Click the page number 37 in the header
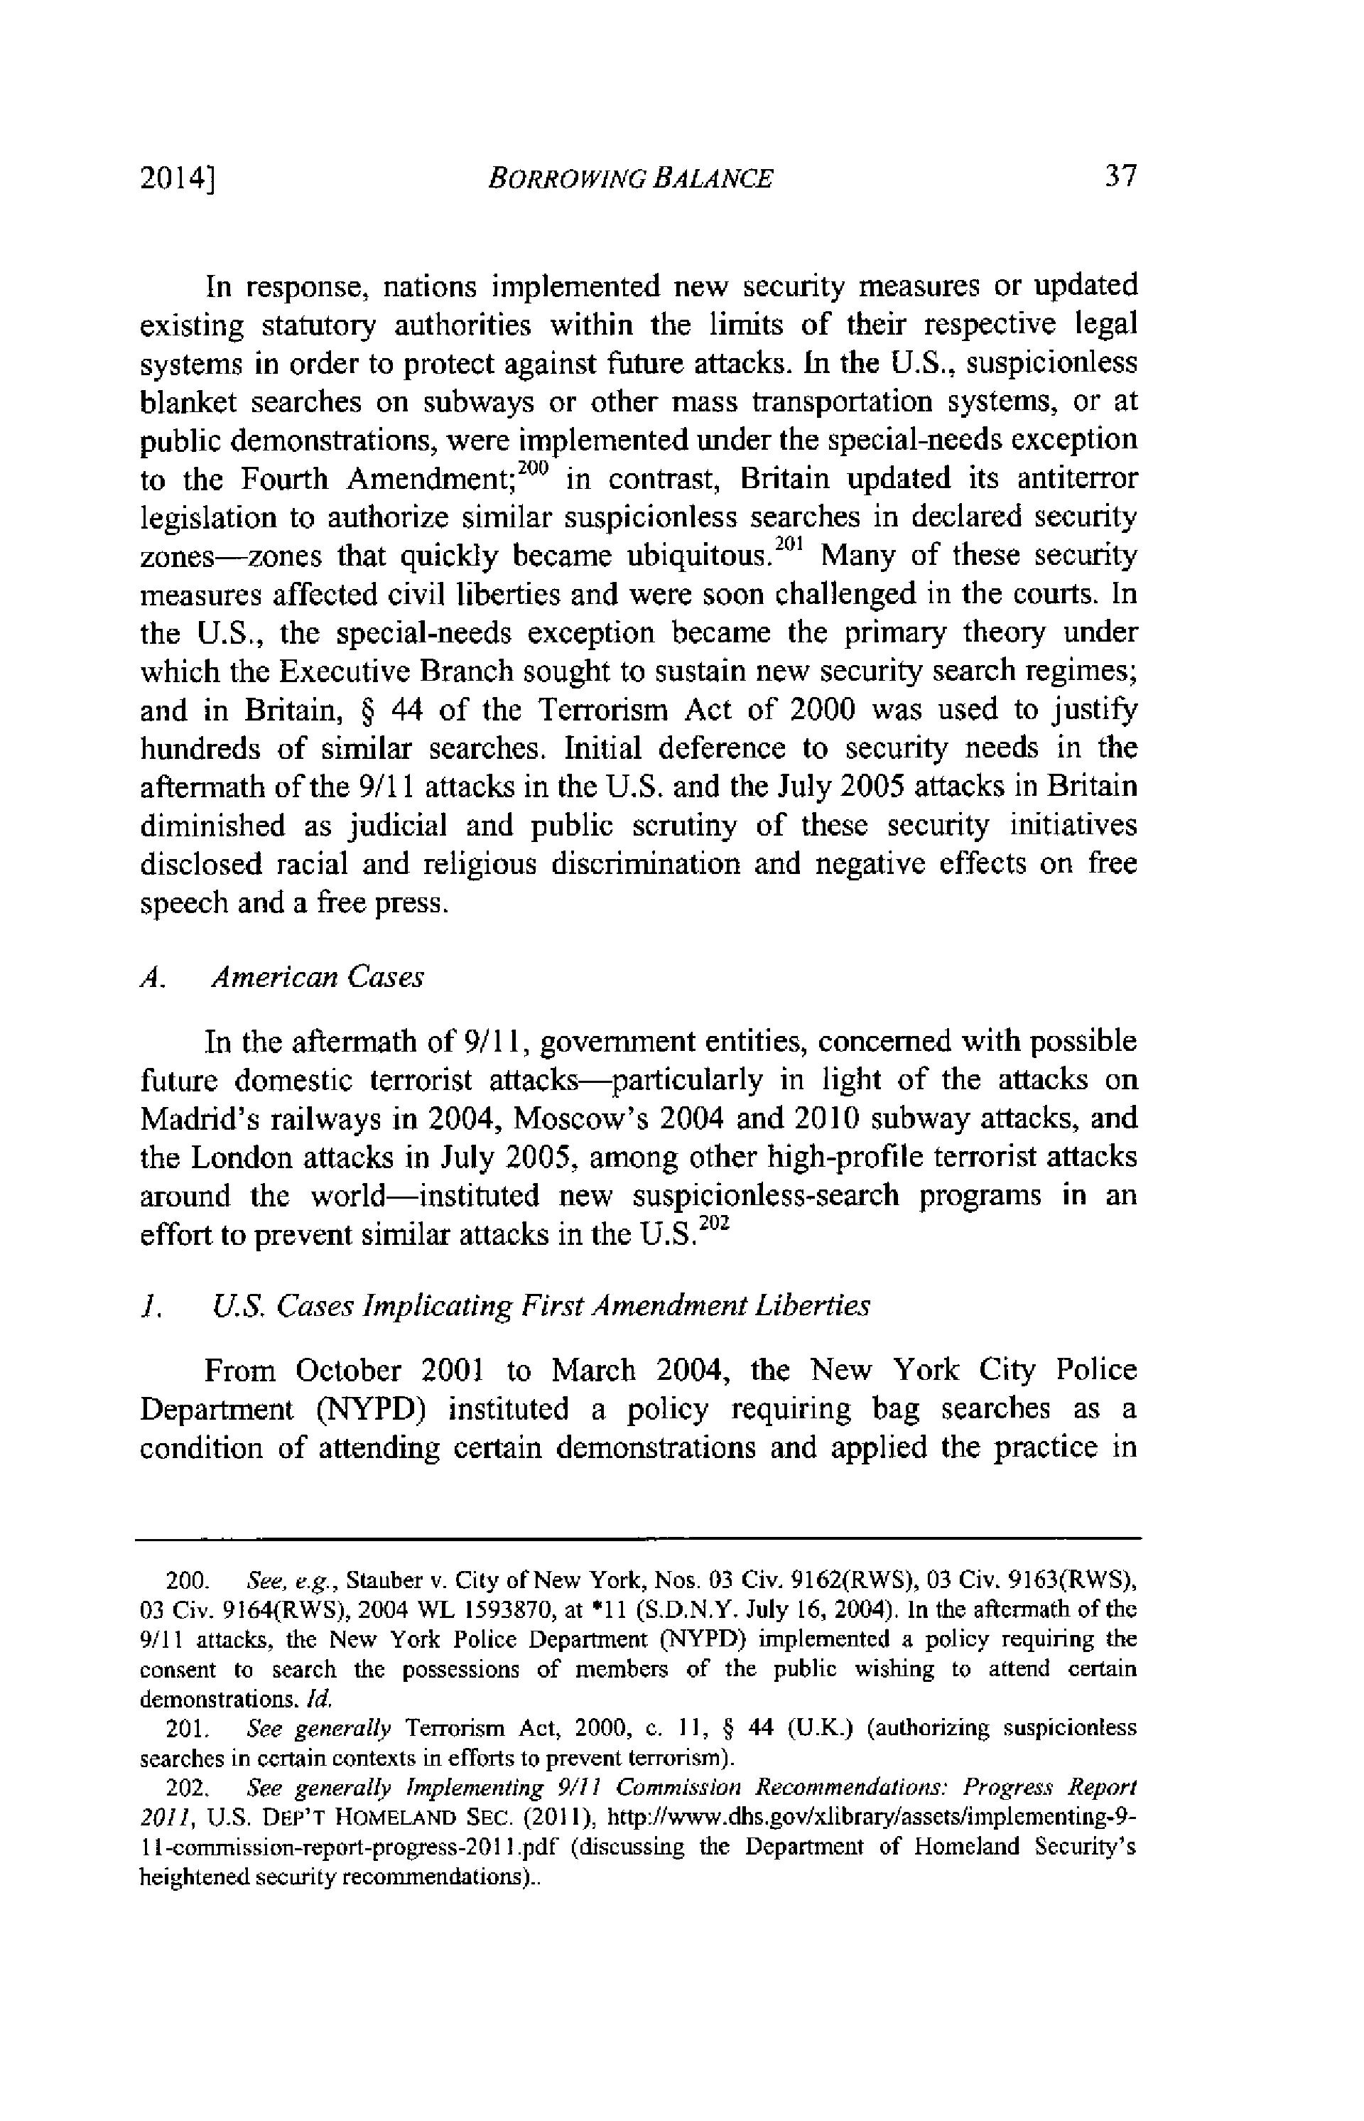[x=1120, y=176]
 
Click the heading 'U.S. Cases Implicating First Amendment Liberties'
[x=541, y=1306]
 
